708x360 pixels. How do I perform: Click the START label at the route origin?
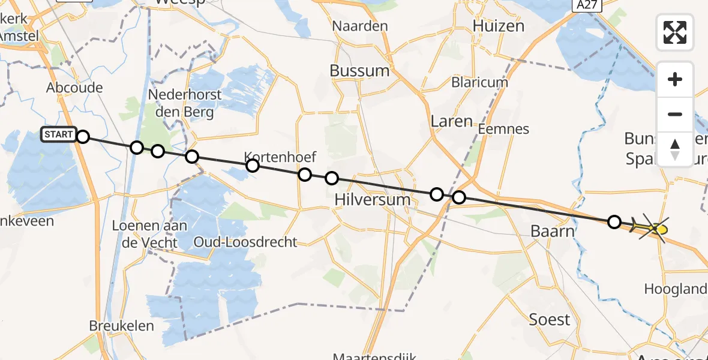[58, 135]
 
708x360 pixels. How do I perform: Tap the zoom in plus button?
[675, 79]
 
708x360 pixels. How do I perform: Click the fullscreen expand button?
[675, 32]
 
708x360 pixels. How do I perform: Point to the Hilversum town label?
[373, 199]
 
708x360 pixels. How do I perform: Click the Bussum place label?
[359, 71]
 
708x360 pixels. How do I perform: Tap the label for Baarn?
[553, 231]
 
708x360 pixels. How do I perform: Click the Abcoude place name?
[74, 88]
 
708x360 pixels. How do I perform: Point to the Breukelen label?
[121, 326]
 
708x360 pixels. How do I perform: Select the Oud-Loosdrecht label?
[245, 242]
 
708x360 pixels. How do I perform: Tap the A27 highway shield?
[586, 5]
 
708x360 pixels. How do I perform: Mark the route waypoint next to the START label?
[83, 137]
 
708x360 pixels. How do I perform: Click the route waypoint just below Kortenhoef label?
[253, 166]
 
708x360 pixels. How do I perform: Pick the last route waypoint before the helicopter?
[614, 222]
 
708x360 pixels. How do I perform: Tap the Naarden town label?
[360, 26]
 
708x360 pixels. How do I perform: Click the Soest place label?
[550, 319]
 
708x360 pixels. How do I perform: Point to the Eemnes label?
[504, 129]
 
